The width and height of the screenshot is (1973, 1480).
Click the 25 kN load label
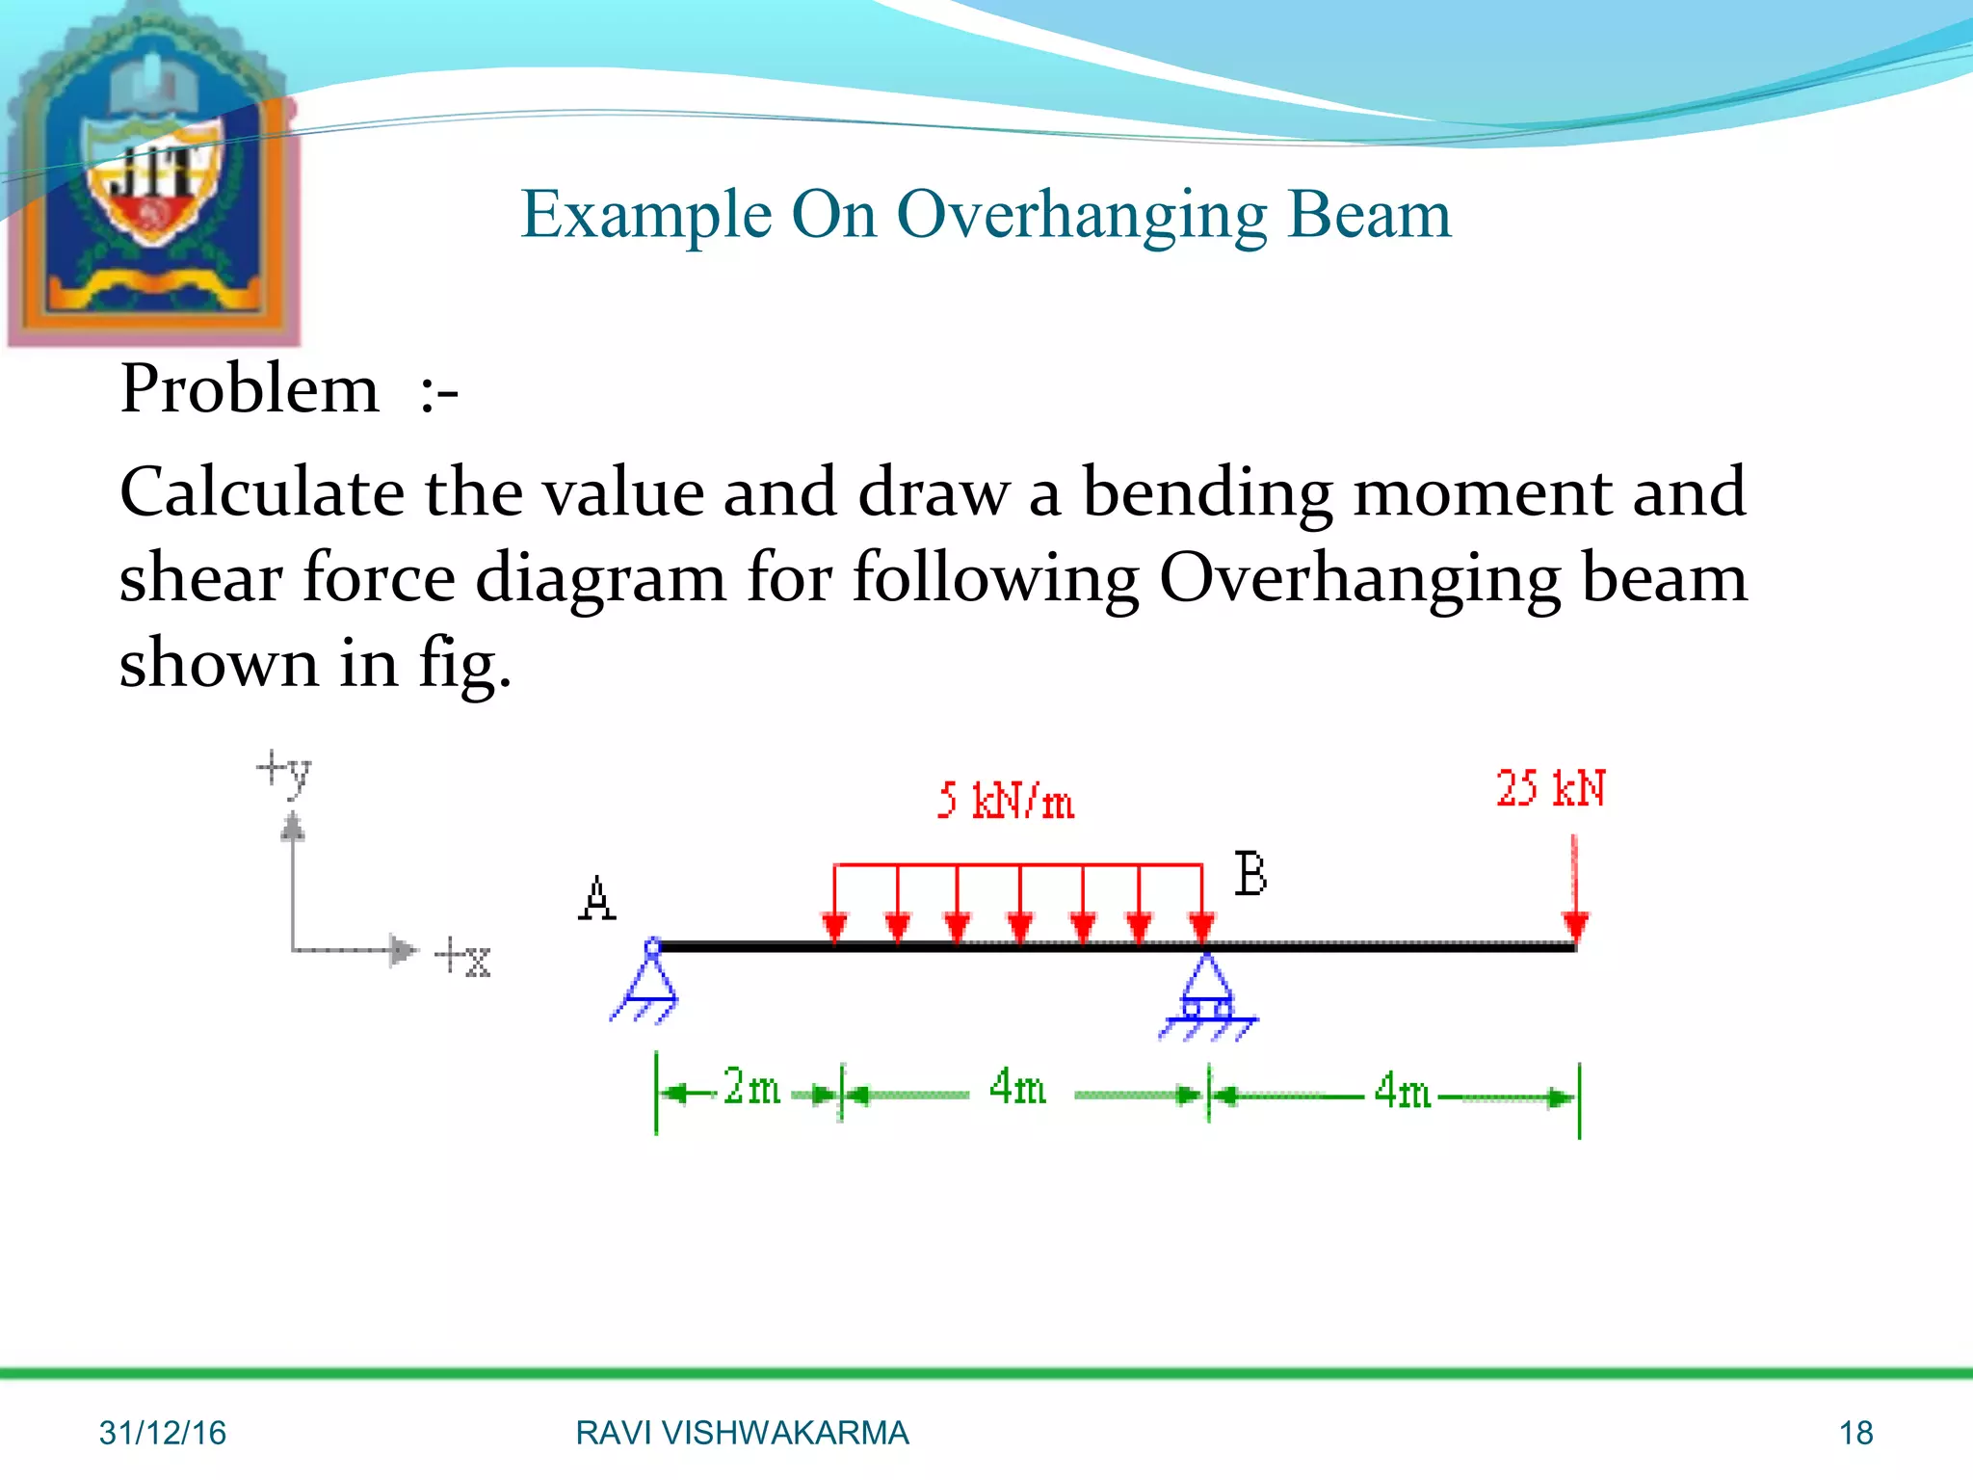click(x=1550, y=788)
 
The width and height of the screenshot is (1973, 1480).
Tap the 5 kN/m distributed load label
click(x=1005, y=801)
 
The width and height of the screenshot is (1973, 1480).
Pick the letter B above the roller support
click(x=1250, y=875)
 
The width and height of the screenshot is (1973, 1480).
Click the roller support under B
click(x=1206, y=997)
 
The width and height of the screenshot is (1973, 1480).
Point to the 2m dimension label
click(x=751, y=1088)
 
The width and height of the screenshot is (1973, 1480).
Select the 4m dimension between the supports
click(x=1016, y=1088)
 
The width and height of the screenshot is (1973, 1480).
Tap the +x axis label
click(x=463, y=957)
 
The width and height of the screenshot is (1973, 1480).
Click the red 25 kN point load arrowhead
click(x=1575, y=927)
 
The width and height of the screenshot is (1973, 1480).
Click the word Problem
click(x=250, y=389)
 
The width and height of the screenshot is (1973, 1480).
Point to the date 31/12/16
click(x=162, y=1433)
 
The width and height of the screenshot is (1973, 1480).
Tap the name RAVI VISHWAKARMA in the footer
click(x=742, y=1433)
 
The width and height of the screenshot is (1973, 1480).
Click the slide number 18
click(x=1855, y=1433)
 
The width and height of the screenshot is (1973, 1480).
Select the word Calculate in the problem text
click(x=261, y=492)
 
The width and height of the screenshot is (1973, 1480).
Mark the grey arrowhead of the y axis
click(x=293, y=827)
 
